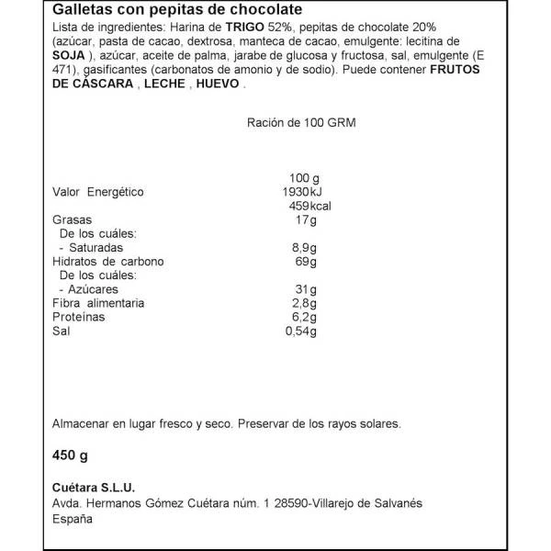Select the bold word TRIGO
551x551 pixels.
pos(243,28)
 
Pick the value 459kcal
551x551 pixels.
pos(309,206)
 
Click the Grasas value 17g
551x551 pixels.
pos(307,219)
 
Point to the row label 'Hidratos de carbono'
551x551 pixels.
pos(97,261)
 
